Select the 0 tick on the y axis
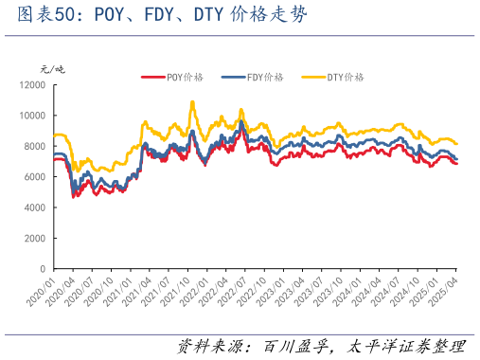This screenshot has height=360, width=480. click(x=44, y=269)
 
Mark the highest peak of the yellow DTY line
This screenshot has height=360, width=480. click(x=192, y=101)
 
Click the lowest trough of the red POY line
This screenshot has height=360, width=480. click(x=74, y=196)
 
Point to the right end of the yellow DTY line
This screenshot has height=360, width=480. click(x=457, y=143)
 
